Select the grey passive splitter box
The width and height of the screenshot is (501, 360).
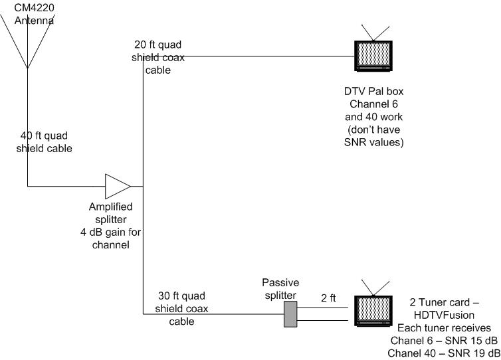click(x=289, y=314)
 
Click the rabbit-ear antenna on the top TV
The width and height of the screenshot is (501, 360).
click(x=375, y=31)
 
